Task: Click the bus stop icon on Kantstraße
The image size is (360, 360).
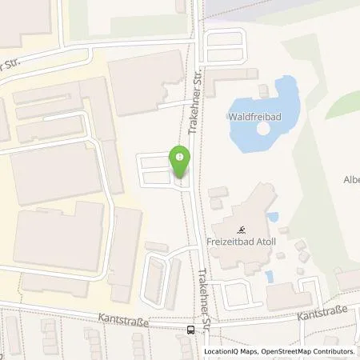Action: (190, 329)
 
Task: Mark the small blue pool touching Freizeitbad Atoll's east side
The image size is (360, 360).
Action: (274, 217)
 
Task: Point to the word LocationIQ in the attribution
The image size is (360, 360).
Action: (222, 350)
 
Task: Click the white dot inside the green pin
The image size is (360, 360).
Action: (180, 156)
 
